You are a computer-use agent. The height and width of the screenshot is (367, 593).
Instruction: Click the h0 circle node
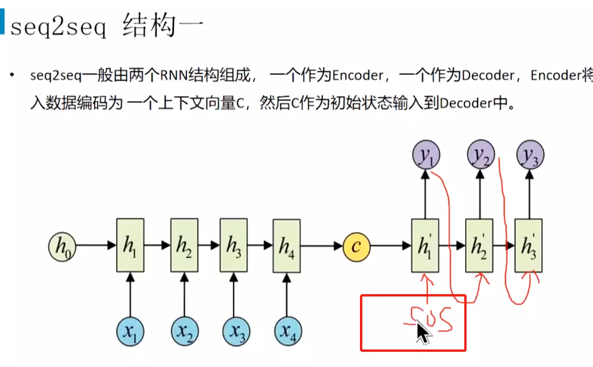(62, 246)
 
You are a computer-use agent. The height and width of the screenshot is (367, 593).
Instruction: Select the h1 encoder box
(130, 245)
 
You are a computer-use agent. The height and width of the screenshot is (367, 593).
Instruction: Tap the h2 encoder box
(184, 245)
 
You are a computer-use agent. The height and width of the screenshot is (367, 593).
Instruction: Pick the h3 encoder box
(234, 245)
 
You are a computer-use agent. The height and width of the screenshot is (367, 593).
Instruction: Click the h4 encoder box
(287, 246)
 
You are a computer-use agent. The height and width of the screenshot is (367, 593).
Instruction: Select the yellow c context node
(356, 246)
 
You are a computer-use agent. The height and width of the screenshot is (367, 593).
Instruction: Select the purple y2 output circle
(481, 154)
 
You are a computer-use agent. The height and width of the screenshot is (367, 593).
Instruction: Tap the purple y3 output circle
(530, 154)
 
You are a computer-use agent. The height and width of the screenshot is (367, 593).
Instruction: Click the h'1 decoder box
(425, 245)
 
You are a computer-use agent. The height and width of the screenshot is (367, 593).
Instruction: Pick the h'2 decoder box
(479, 245)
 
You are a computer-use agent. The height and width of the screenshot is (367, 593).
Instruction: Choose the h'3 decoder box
(528, 245)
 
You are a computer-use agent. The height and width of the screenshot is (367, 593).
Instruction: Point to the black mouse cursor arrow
(423, 332)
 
